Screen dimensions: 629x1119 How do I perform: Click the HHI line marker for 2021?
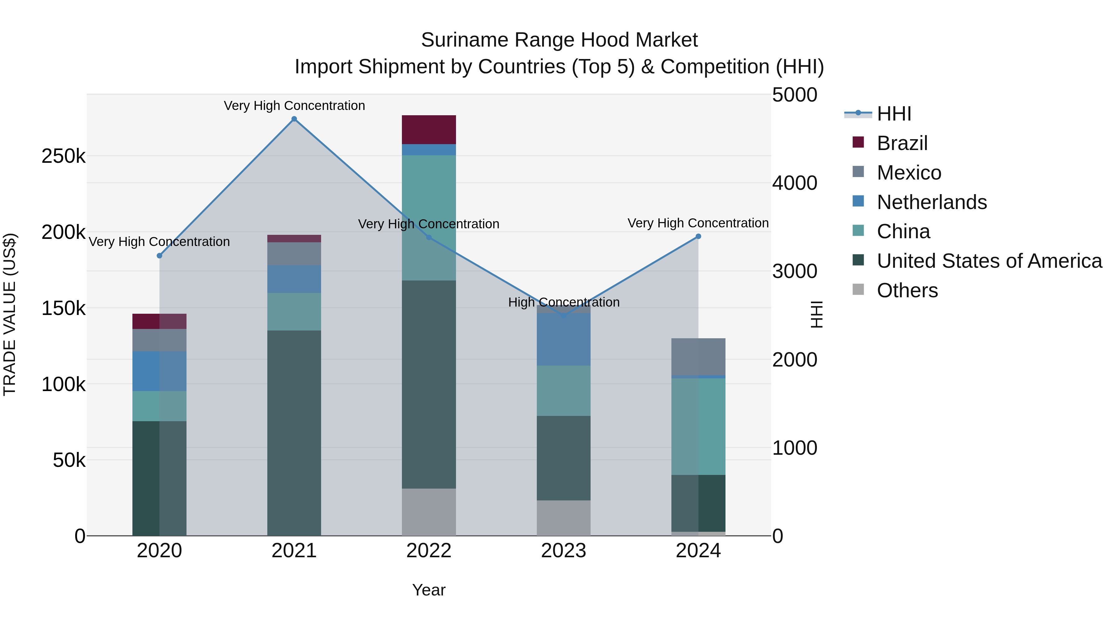pyautogui.click(x=294, y=119)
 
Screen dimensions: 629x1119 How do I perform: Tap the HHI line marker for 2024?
pyautogui.click(x=698, y=237)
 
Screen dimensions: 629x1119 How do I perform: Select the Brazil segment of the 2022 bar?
pyautogui.click(x=429, y=129)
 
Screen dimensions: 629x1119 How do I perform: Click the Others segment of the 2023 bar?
pyautogui.click(x=564, y=517)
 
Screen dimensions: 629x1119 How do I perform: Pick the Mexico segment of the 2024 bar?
pyautogui.click(x=698, y=356)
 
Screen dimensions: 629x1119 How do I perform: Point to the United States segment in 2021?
pyautogui.click(x=294, y=432)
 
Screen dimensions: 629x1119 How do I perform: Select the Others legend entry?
pyautogui.click(x=907, y=290)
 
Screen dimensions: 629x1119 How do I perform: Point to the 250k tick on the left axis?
pyautogui.click(x=63, y=156)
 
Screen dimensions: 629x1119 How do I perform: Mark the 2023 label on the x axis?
pyautogui.click(x=564, y=551)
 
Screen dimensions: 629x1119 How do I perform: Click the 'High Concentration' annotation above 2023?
pyautogui.click(x=564, y=302)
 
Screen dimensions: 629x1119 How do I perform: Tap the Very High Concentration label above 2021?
pyautogui.click(x=294, y=106)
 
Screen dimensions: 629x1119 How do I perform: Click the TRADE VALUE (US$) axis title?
pyautogui.click(x=10, y=314)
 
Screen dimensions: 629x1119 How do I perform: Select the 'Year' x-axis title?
pyautogui.click(x=429, y=590)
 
